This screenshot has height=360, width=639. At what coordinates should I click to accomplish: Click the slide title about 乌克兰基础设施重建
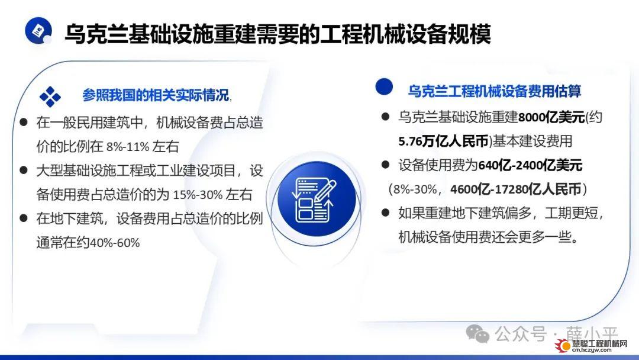278,33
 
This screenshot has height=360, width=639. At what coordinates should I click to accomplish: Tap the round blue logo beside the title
38,30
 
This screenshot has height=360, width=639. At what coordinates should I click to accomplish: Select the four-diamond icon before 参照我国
50,97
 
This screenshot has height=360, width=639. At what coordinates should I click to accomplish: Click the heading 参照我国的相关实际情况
156,95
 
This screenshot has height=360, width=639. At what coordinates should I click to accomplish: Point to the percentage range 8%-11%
128,147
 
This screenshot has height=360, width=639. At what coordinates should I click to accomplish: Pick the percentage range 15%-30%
197,195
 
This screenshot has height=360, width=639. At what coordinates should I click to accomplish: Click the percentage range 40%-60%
115,243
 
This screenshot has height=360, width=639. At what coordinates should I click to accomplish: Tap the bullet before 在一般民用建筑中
24,122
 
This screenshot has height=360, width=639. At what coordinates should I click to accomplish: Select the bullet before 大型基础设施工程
24,170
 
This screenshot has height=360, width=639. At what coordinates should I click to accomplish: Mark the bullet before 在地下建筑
24,218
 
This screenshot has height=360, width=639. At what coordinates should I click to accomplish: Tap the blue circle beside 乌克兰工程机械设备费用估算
384,86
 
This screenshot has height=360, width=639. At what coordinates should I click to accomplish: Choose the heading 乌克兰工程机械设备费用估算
494,91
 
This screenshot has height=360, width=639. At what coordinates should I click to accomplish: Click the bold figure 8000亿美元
551,117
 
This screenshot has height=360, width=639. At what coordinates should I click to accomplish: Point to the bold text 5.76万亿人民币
443,141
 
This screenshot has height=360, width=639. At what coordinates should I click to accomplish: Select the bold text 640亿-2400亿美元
530,165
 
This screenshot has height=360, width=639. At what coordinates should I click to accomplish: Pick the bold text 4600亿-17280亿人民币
516,189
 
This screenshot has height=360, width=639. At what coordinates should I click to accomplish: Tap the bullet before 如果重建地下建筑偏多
386,213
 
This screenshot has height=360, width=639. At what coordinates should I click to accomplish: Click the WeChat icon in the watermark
477,334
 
